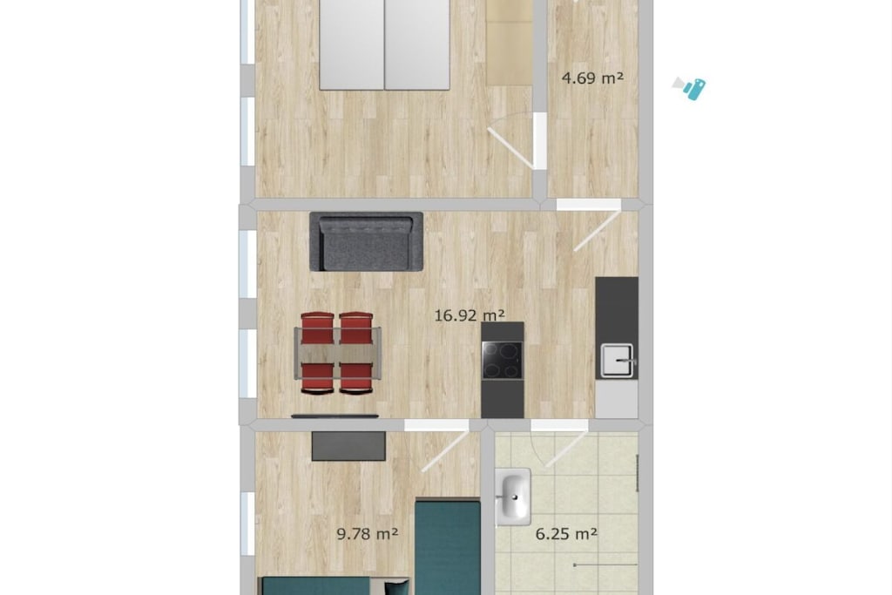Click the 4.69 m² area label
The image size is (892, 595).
(592, 78)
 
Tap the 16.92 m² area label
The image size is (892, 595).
(470, 315)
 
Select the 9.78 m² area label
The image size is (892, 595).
(367, 533)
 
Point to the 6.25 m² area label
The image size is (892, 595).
(566, 533)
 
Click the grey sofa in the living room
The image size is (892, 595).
(367, 242)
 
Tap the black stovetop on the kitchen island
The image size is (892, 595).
(503, 360)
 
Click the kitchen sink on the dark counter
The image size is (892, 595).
(618, 361)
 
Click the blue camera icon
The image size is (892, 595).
(690, 88)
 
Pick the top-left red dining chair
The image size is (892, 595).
(317, 328)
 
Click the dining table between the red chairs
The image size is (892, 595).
(338, 353)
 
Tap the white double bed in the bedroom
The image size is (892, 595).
(384, 44)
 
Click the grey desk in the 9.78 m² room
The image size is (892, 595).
(348, 446)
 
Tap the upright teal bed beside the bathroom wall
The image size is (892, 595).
(448, 547)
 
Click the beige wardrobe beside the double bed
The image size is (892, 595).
(510, 44)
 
